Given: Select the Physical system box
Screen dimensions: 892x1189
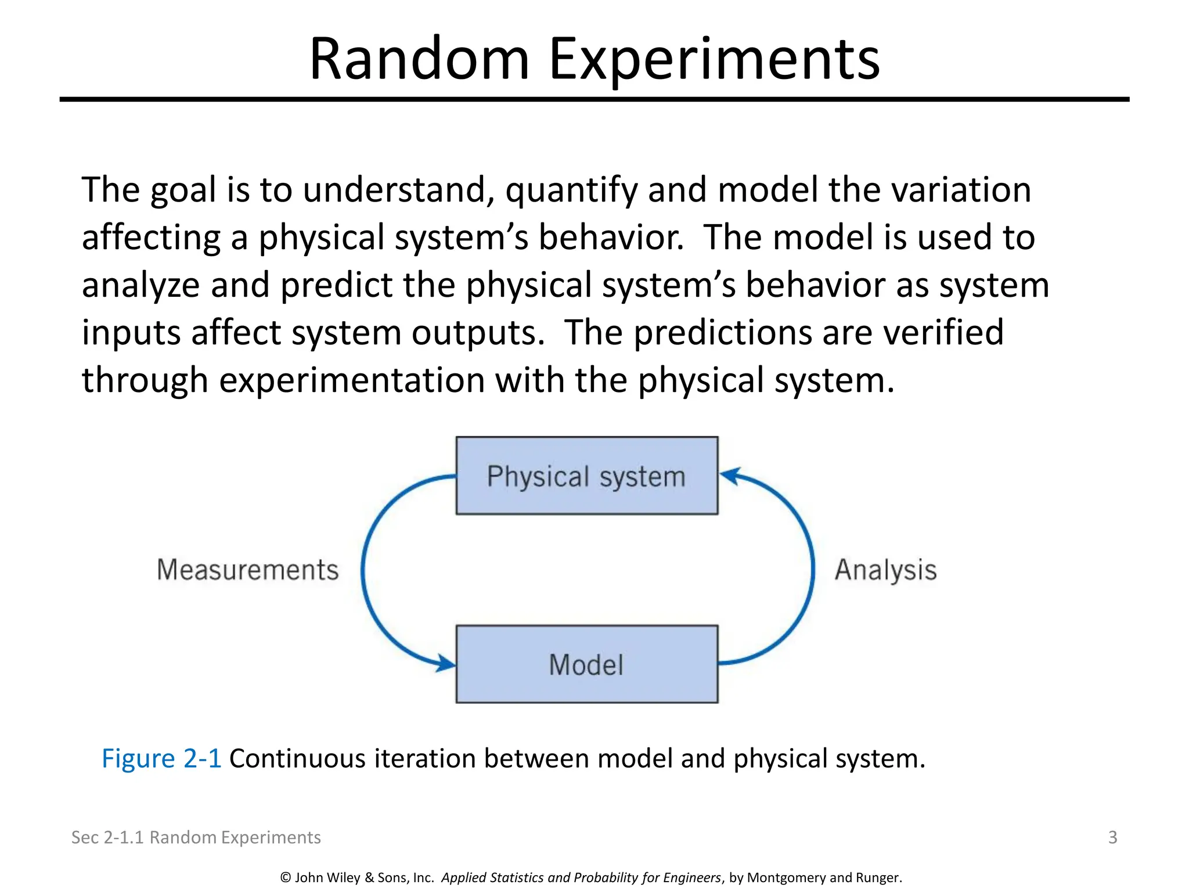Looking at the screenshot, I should (586, 476).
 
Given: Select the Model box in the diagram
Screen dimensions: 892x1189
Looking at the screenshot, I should (586, 664).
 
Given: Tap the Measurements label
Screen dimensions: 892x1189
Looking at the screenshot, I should (248, 570).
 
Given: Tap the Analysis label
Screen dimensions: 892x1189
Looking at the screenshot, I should (885, 570).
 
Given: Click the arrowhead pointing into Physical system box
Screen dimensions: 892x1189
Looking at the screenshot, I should (729, 476).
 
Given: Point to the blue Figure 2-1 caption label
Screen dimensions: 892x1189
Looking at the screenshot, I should (161, 758).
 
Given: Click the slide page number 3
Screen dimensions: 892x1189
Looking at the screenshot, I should (1112, 837).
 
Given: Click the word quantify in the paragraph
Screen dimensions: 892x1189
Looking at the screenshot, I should (571, 190).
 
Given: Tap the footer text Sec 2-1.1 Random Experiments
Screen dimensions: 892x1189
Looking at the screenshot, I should (196, 837).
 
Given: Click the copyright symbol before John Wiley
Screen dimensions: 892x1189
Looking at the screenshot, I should (286, 877).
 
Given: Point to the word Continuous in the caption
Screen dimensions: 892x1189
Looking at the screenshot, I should (297, 758).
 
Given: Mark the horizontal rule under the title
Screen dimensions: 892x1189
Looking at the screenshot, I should (594, 100).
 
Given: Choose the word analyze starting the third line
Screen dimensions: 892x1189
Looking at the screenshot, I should (140, 286).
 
